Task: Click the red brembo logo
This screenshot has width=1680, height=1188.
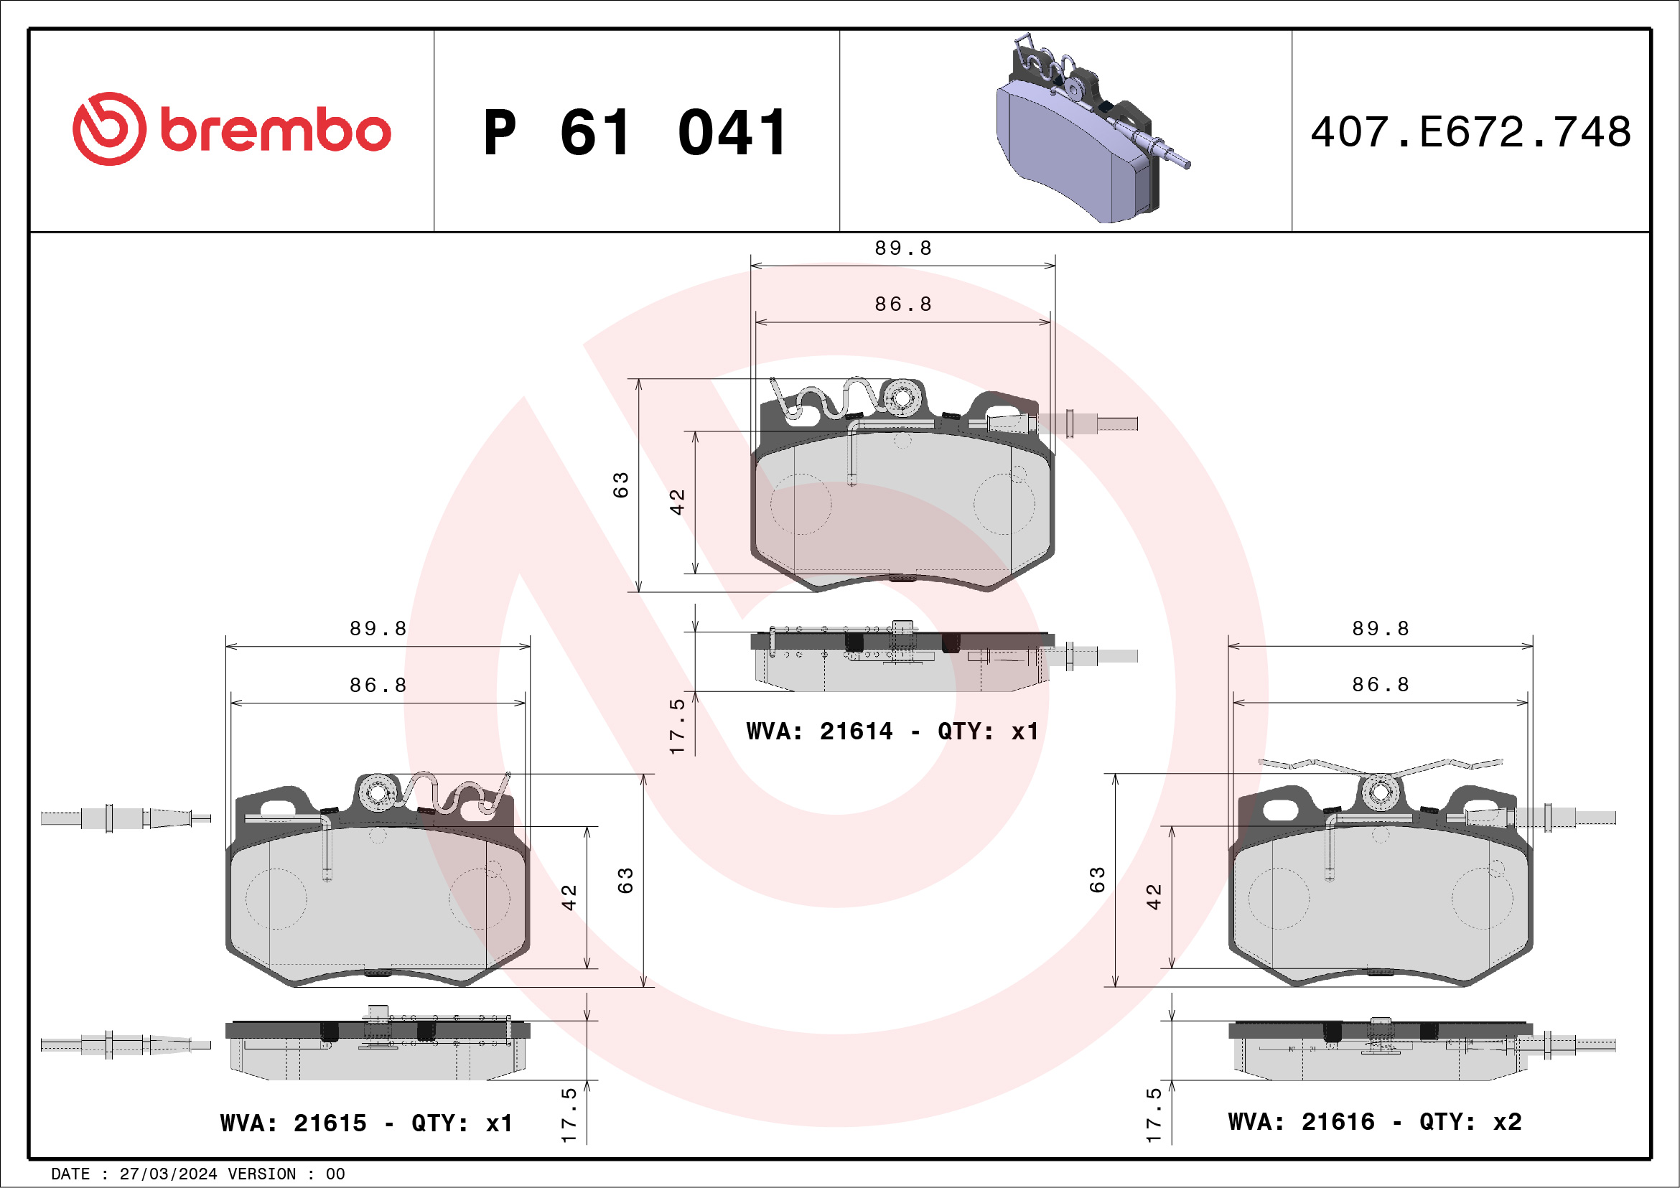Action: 231,128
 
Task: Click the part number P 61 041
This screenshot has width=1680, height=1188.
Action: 636,132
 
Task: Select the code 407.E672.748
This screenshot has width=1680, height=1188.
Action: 1471,131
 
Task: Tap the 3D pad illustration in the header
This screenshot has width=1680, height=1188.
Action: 1092,128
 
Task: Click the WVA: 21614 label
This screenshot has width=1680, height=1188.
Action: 819,731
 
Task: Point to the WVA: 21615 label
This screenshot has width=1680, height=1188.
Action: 294,1123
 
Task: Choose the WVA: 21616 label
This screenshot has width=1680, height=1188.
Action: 1301,1121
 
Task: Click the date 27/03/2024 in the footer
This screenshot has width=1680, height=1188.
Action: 168,1174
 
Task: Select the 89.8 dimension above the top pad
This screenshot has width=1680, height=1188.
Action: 903,248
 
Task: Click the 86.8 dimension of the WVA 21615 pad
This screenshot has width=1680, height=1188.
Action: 378,685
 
